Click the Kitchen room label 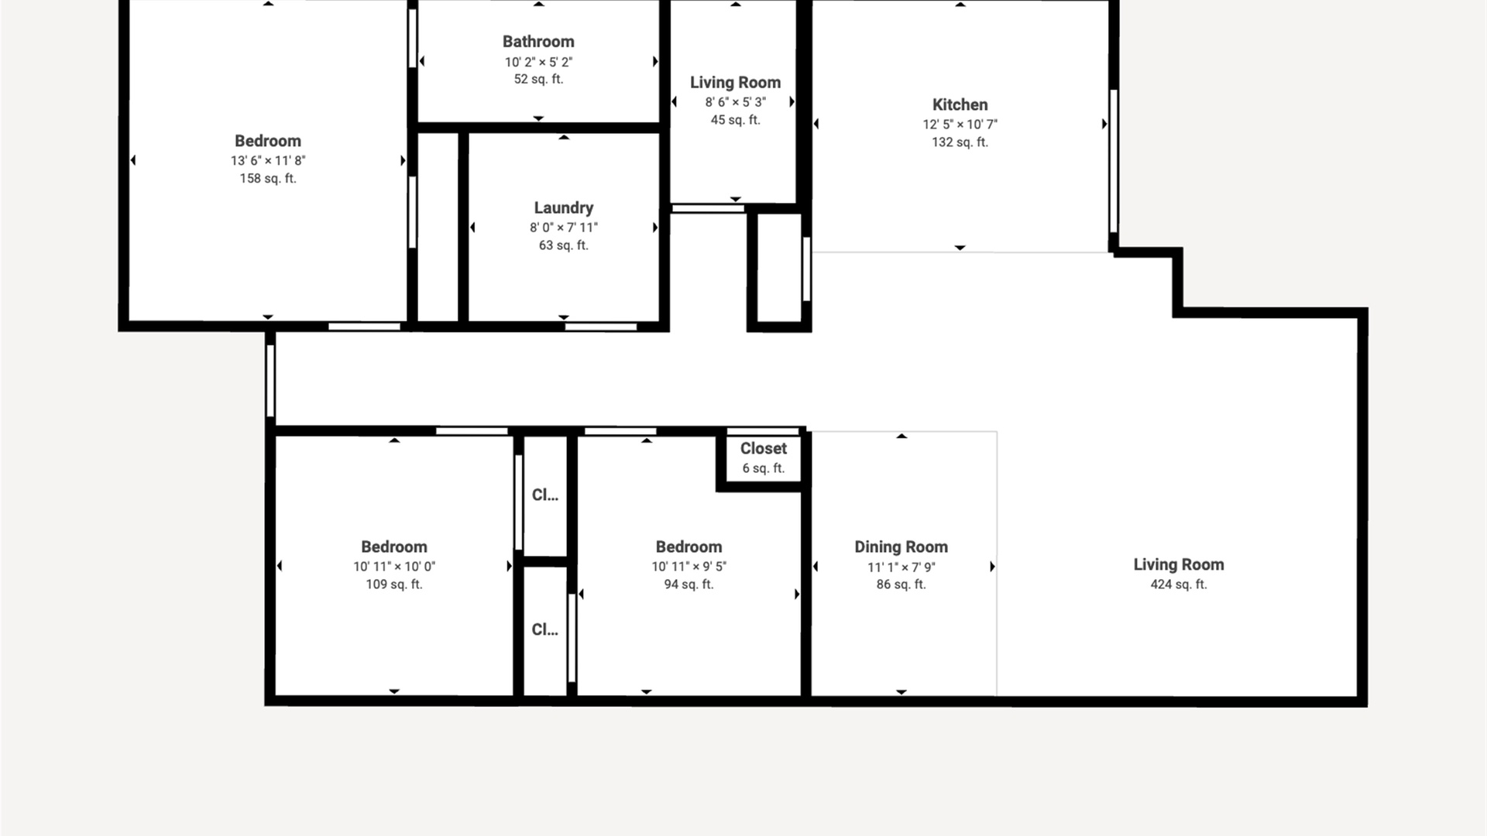[x=960, y=104]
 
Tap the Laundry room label [x=564, y=207]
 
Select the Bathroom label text [x=538, y=42]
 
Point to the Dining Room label [x=901, y=547]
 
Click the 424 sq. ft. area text [x=1179, y=584]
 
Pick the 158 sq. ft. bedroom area [x=268, y=179]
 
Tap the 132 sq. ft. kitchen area [x=960, y=142]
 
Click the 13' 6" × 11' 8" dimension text [x=268, y=161]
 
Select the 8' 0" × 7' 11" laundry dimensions [x=564, y=228]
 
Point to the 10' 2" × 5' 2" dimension [x=538, y=62]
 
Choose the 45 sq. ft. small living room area [x=736, y=120]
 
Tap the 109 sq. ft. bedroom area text [x=394, y=584]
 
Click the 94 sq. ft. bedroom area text [x=689, y=584]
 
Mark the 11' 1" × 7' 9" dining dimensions [x=901, y=567]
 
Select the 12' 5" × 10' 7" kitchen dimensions [x=960, y=124]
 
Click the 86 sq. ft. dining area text [x=901, y=584]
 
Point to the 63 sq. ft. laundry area [x=564, y=245]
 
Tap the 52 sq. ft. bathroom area [x=538, y=79]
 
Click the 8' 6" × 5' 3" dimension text [x=736, y=102]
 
